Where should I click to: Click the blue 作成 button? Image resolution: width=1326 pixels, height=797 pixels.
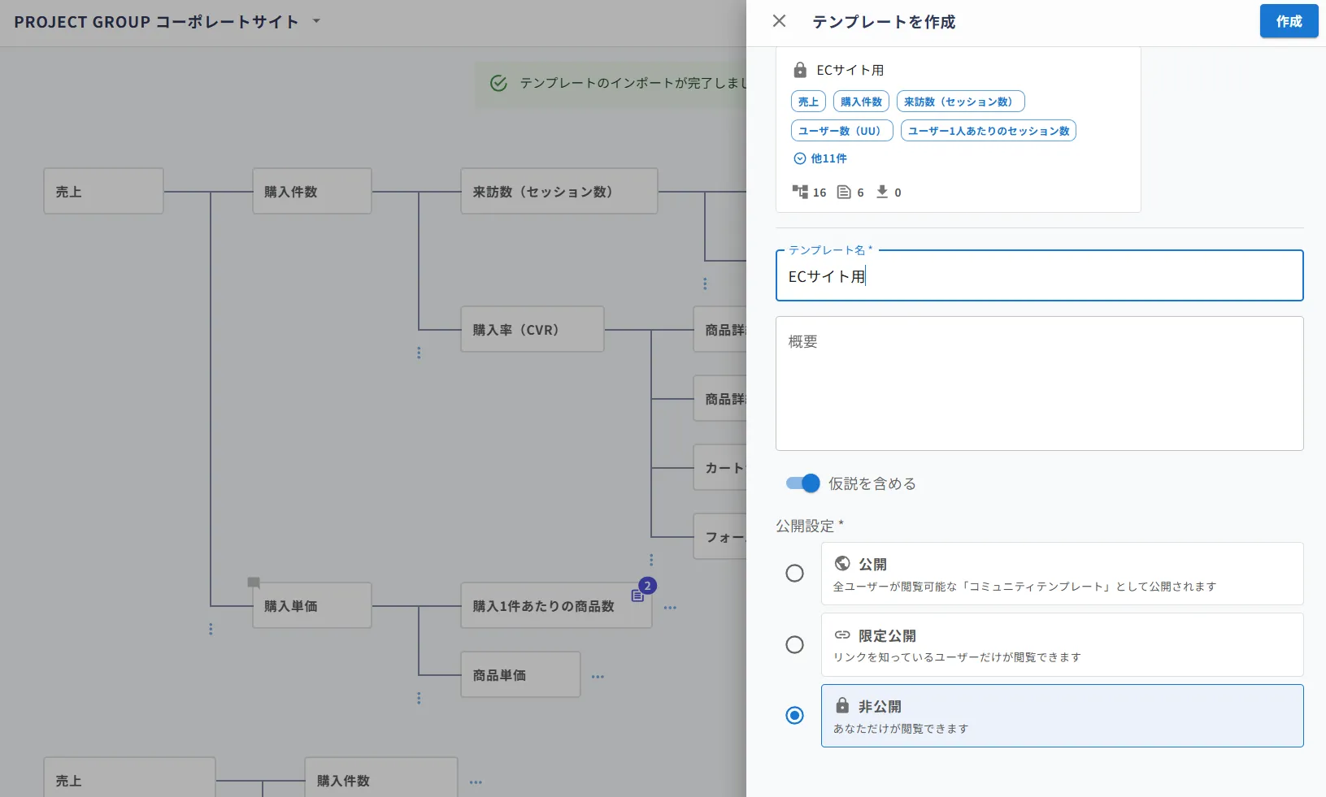1288,21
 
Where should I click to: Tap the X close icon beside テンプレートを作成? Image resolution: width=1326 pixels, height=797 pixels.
779,21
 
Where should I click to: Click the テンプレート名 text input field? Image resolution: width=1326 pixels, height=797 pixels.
1039,275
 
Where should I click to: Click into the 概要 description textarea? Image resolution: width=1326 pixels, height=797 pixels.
1039,383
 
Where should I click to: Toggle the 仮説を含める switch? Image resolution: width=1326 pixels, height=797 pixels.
802,483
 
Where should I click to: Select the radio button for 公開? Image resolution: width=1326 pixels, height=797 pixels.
794,574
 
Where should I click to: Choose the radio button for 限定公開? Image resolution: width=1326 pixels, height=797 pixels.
794,644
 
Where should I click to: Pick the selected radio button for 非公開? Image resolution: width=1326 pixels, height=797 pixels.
794,715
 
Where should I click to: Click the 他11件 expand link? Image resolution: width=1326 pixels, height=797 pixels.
820,158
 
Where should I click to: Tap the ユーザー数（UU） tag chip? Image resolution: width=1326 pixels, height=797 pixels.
841,131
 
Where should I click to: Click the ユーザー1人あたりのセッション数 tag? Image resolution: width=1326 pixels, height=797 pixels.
988,131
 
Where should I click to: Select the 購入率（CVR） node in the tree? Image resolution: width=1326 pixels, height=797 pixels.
533,330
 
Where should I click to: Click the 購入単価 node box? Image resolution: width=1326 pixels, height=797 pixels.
312,605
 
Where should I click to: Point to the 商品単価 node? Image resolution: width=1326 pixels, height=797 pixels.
520,674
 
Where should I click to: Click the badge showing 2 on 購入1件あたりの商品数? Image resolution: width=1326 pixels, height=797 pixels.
648,586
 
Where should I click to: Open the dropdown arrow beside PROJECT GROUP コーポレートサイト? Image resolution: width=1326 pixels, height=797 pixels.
317,21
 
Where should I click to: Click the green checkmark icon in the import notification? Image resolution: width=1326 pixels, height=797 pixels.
498,83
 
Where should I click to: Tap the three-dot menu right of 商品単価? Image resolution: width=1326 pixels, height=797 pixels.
598,676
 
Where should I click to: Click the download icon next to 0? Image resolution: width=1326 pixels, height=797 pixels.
882,192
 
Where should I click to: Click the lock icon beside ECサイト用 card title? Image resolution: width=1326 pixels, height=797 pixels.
800,70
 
